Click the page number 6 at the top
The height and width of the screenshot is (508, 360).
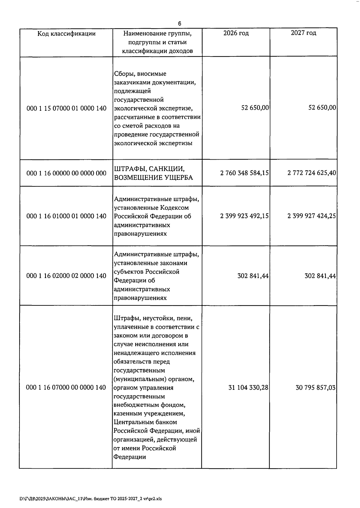point(179,23)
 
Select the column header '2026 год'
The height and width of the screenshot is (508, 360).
point(236,33)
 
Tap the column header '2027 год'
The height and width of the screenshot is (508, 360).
point(303,33)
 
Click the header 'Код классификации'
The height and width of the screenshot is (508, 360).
point(66,34)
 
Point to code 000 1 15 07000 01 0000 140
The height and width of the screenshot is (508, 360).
point(66,108)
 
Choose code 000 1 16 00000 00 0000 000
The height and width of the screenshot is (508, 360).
point(66,173)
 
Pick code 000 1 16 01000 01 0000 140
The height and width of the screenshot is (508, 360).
point(66,216)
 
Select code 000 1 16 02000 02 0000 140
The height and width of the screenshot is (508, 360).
point(66,276)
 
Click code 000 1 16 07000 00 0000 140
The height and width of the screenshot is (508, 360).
point(66,388)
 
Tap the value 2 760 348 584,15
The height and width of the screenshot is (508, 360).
point(244,173)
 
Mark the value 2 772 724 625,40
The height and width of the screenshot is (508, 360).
point(311,173)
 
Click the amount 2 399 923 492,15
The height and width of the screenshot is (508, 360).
point(244,216)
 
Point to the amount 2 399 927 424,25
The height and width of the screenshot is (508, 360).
point(311,216)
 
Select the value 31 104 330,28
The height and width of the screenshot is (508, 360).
point(248,388)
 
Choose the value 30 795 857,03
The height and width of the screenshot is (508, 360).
point(316,388)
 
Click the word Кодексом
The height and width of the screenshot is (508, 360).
point(174,208)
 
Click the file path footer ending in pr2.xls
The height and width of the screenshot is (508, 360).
point(91,499)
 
